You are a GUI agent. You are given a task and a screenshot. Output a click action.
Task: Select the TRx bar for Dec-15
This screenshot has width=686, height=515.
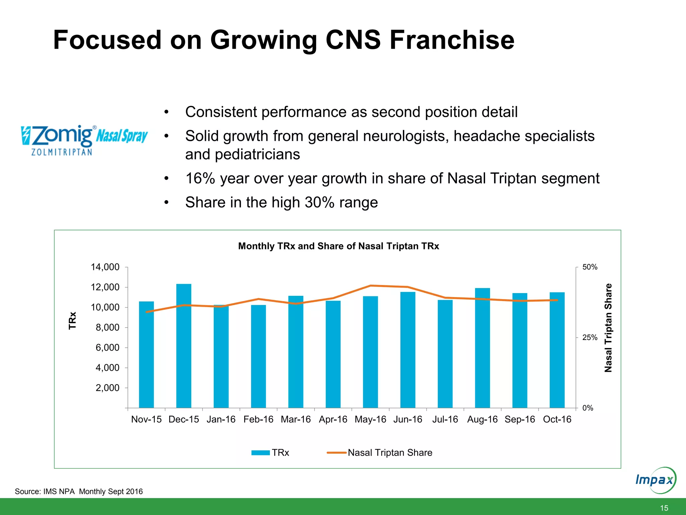coord(184,345)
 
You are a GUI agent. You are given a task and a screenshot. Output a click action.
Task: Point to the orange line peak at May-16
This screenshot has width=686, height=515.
coord(370,286)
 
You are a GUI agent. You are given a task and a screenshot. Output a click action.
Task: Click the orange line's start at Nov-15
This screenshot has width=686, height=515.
coord(147,312)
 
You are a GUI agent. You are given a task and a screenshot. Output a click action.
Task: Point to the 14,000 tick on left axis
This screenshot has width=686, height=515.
coord(105,267)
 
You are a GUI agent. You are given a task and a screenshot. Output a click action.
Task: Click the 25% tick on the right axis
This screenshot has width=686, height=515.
coord(590,338)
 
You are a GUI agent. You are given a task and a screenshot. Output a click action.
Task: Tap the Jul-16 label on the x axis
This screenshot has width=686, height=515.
coord(445,419)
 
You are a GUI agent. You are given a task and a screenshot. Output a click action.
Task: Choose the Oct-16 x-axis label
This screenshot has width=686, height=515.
coord(557,419)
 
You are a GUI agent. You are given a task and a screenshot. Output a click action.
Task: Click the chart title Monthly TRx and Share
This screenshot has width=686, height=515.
coord(338,246)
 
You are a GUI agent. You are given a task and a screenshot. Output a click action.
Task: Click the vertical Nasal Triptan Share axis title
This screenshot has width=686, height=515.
coord(608,328)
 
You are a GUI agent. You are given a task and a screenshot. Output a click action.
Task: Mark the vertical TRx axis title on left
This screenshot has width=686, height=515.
coord(72,321)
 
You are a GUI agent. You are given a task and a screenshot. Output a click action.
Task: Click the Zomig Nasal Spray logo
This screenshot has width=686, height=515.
coord(84,140)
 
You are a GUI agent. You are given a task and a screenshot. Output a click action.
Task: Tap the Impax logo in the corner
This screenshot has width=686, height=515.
coord(655,480)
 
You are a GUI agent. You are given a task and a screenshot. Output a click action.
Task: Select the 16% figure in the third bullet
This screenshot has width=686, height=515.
coord(200,178)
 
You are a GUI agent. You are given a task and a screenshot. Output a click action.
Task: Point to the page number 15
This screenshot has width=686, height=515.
coord(664,508)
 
